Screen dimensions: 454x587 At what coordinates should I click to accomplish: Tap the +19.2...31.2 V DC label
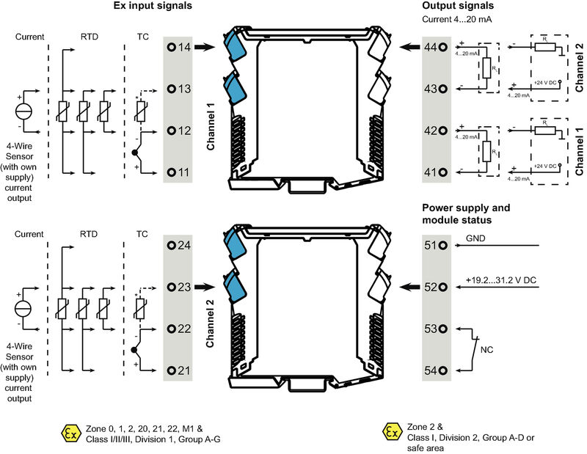click(500, 280)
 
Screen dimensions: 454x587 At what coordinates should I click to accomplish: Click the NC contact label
click(486, 349)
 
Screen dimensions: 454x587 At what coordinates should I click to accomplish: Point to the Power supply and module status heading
click(466, 213)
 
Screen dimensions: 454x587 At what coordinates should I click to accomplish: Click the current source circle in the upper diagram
click(23, 111)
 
